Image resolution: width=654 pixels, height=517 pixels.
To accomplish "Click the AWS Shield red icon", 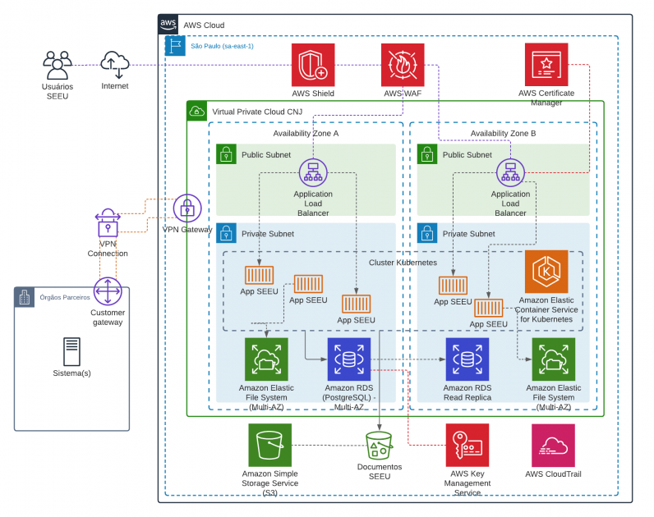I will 313,65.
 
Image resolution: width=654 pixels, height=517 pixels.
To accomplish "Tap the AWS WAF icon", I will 403,65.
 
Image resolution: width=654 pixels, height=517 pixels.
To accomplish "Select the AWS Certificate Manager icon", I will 546,65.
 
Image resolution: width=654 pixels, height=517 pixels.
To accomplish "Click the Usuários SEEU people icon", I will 58,65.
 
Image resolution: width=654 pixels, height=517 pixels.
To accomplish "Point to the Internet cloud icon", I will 115,64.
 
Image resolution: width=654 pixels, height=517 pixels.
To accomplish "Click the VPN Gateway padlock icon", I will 187,209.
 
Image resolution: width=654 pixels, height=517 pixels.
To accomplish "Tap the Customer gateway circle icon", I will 108,291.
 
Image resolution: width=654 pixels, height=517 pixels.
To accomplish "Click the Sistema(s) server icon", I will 71,351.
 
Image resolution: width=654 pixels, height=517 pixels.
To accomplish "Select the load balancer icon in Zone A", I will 312,172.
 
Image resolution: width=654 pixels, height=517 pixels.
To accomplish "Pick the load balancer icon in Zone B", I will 510,172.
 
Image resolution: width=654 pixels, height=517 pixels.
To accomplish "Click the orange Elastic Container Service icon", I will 546,272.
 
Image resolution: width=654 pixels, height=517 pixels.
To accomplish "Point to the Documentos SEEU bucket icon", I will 380,446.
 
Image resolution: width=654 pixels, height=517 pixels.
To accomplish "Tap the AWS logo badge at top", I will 168,24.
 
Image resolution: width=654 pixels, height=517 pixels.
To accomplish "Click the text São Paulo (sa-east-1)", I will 222,46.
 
